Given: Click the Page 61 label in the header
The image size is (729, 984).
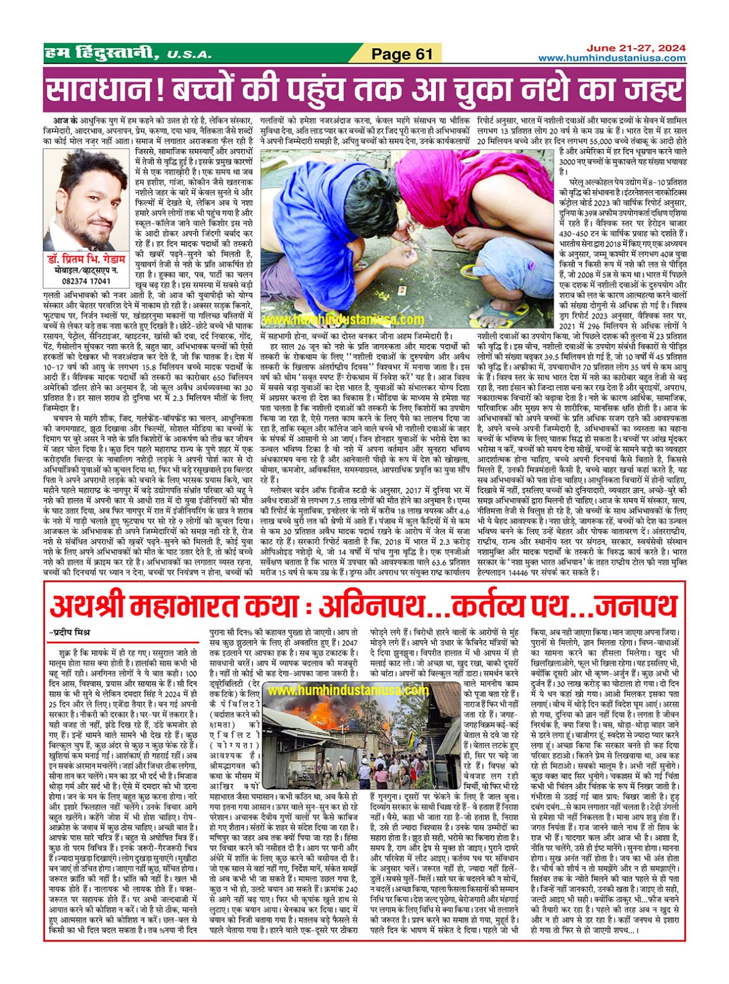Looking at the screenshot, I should click(402, 54).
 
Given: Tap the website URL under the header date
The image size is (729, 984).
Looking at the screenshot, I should click(611, 58).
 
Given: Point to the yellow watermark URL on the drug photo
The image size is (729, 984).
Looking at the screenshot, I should click(344, 320).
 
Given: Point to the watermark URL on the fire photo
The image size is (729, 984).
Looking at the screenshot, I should click(347, 691).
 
